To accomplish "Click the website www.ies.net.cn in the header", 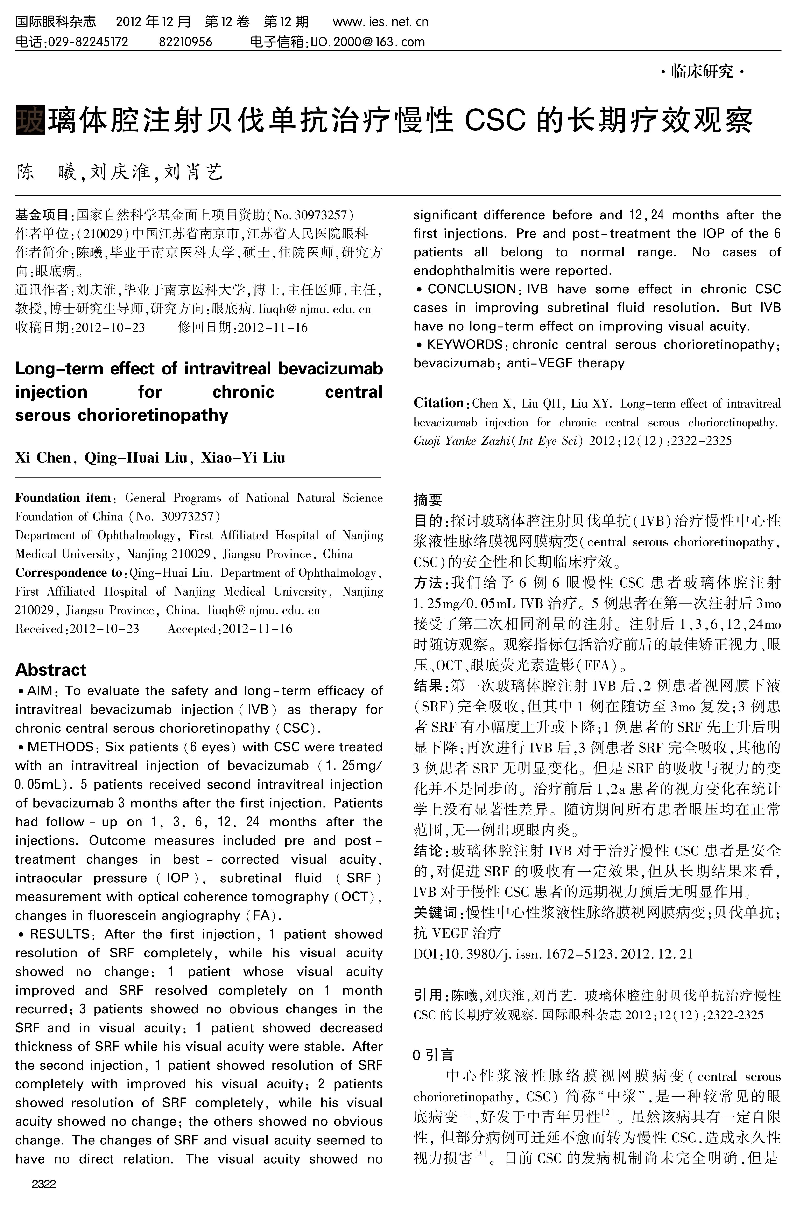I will coord(380,22).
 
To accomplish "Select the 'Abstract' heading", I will coord(51,670).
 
